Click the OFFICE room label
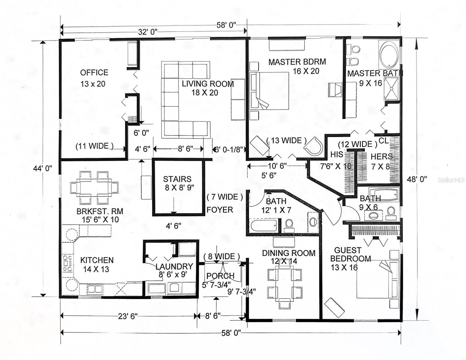click(x=94, y=73)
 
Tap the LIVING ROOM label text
click(x=208, y=84)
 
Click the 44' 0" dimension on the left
click(x=43, y=169)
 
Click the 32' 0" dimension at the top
click(x=148, y=32)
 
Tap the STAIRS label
click(x=177, y=179)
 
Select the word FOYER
click(x=220, y=210)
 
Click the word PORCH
click(x=220, y=275)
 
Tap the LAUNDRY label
click(x=174, y=266)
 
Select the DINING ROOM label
click(x=289, y=253)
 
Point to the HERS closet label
click(x=382, y=157)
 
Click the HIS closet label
click(x=337, y=154)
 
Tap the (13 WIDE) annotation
click(x=286, y=141)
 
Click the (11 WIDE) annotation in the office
click(x=95, y=146)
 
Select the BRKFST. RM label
click(x=100, y=211)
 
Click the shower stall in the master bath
click(x=391, y=89)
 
